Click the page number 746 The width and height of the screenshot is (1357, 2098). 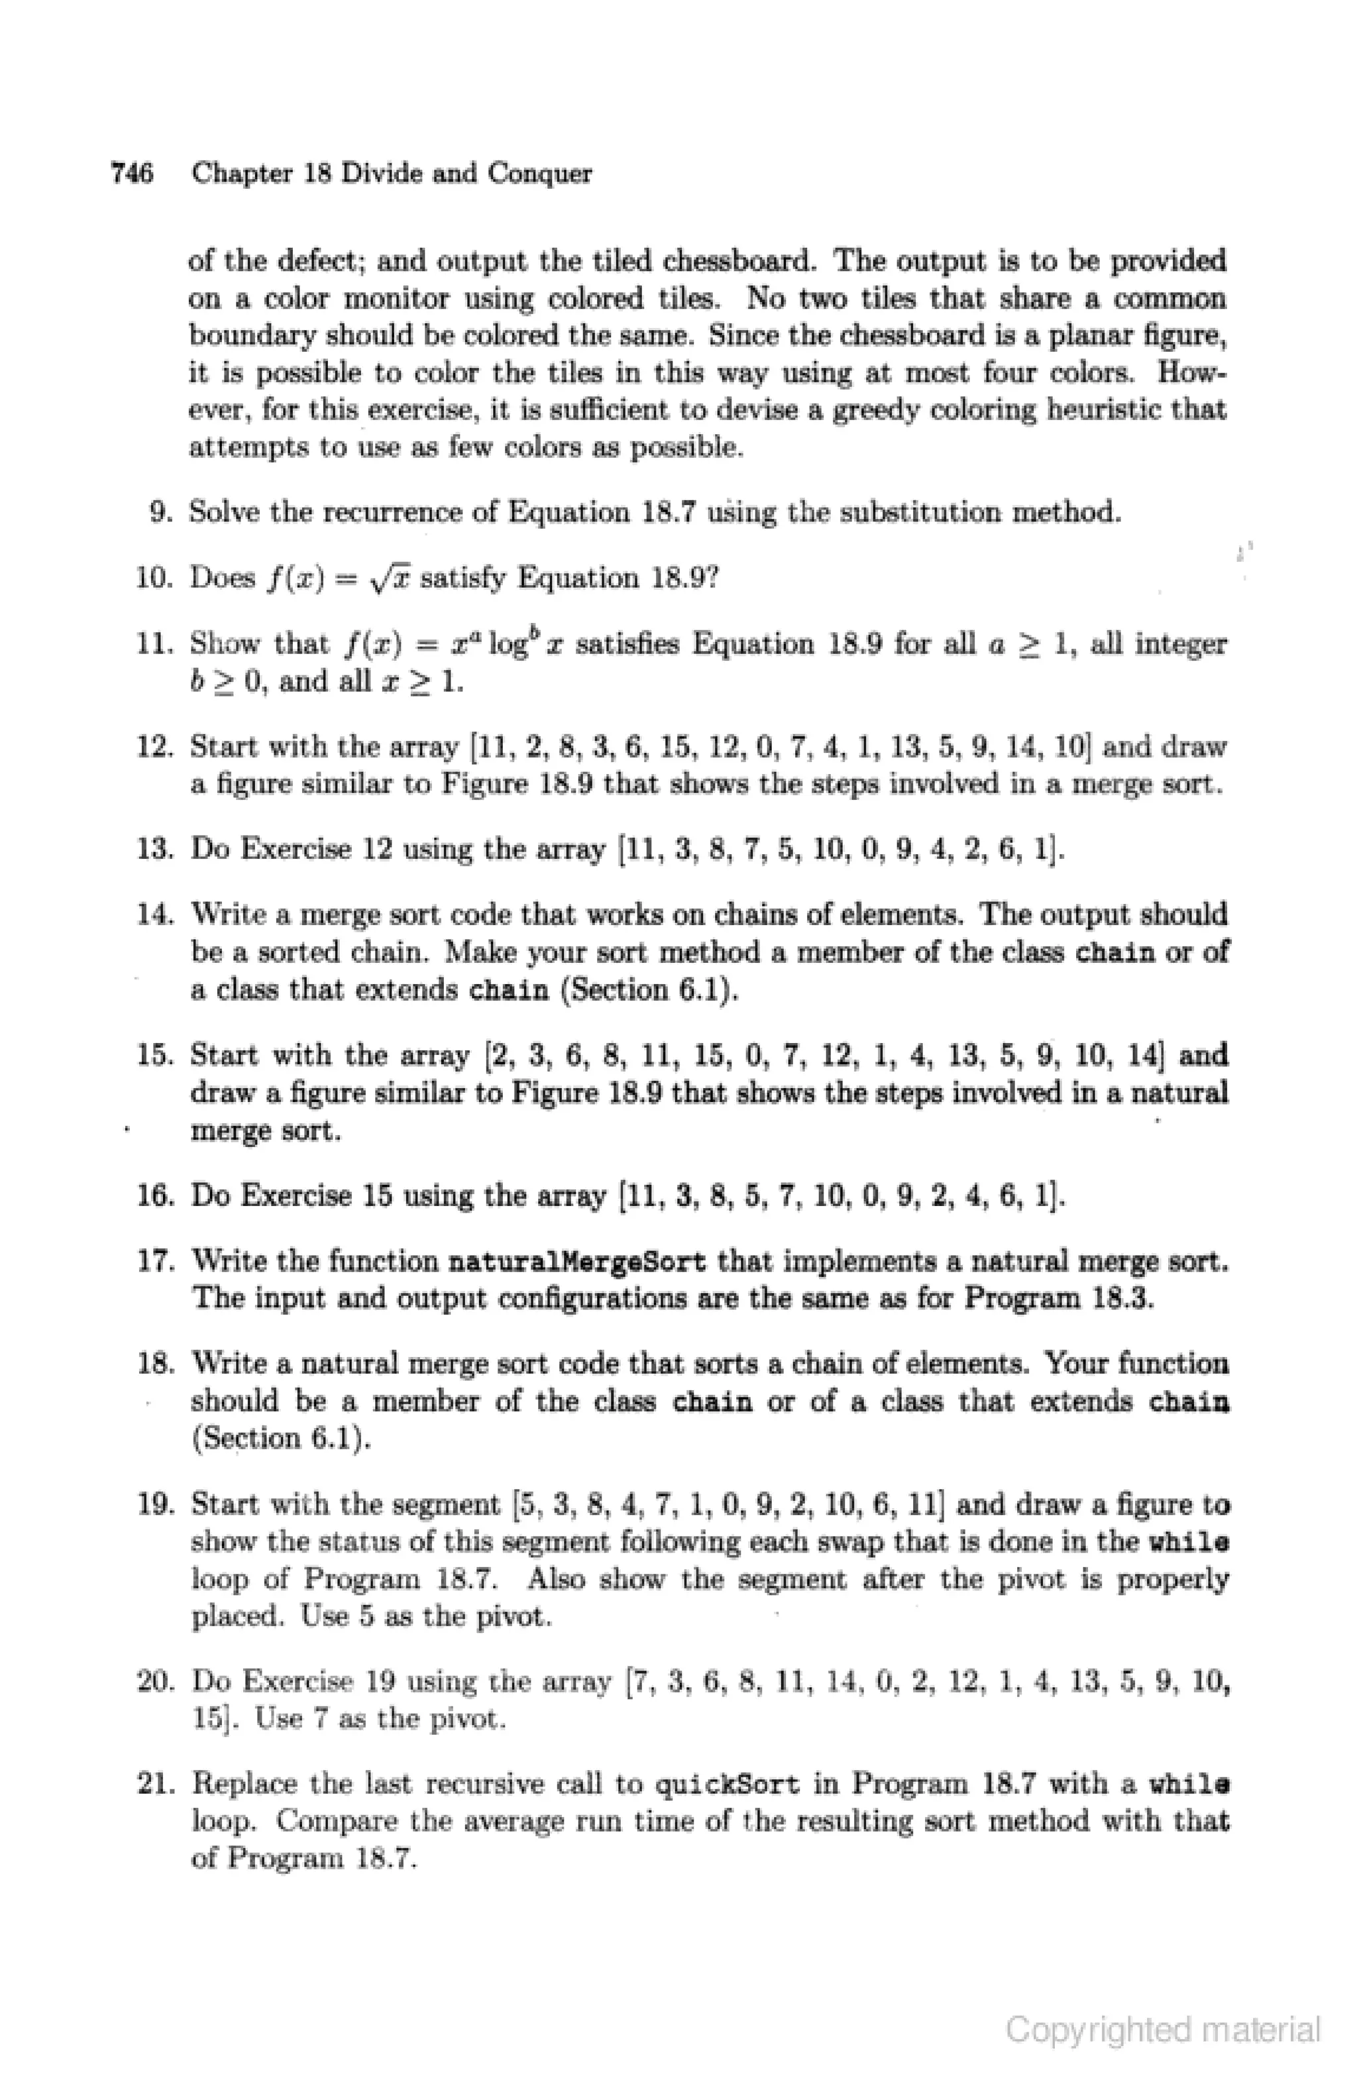[x=131, y=173]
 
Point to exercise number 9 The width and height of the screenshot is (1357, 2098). [x=160, y=512]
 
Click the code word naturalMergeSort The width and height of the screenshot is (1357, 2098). [x=577, y=1262]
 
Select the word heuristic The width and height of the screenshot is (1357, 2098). [x=1106, y=410]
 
